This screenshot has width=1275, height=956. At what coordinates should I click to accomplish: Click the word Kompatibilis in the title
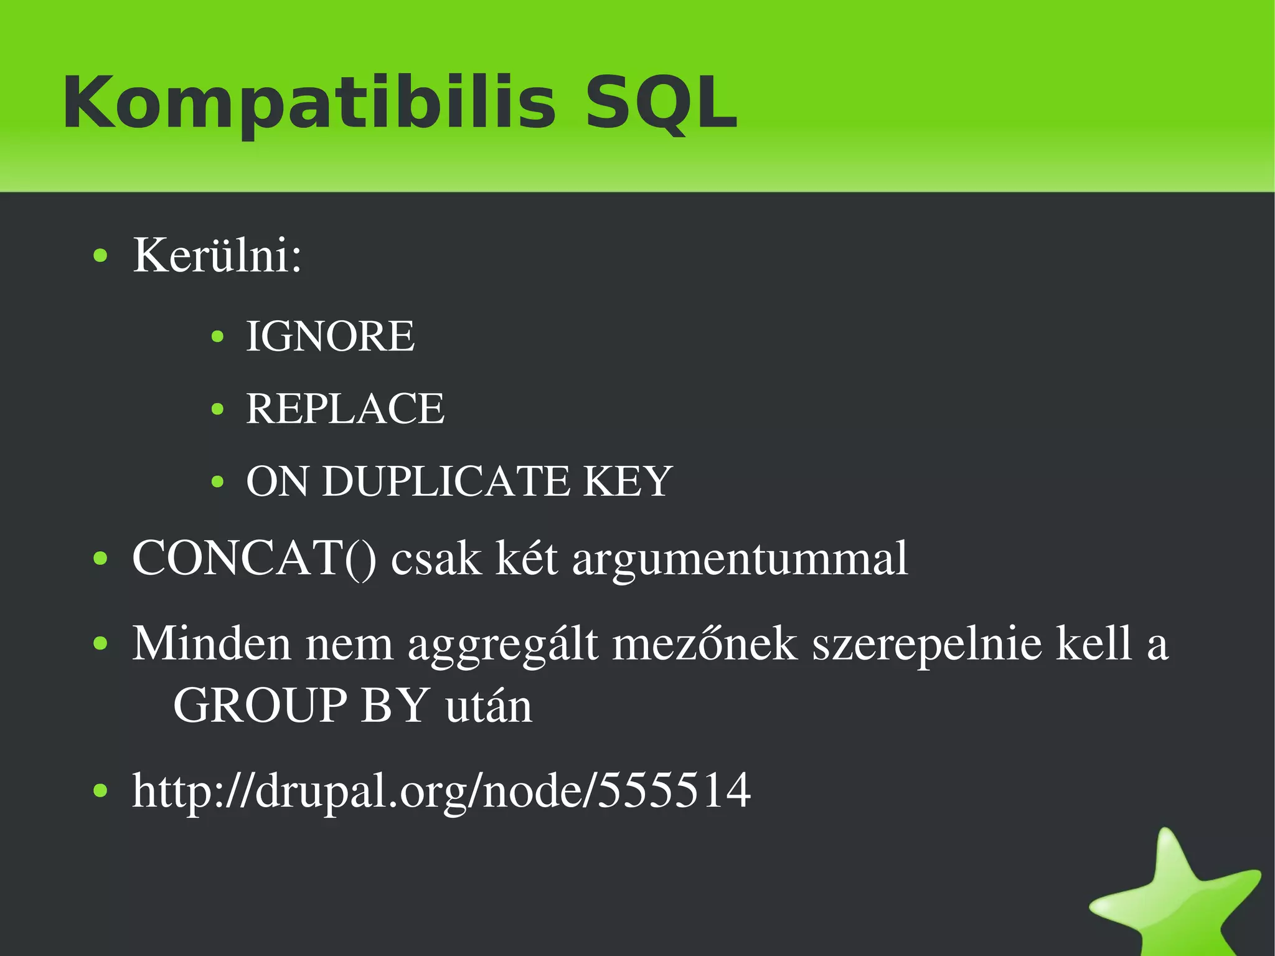309,103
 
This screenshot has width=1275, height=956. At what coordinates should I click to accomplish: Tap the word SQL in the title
661,103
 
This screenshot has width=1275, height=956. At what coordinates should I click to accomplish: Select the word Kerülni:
217,255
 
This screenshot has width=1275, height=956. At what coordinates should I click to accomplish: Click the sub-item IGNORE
330,336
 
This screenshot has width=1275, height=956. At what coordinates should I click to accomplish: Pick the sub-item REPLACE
346,409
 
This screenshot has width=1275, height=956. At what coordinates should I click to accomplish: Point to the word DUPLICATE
446,481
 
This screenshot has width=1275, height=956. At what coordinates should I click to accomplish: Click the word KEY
627,481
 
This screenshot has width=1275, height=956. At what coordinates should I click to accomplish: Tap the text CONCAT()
254,558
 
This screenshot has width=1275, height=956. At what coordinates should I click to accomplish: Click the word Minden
212,643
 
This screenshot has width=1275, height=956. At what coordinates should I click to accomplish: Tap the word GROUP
260,706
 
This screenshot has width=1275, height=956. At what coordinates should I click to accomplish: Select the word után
489,706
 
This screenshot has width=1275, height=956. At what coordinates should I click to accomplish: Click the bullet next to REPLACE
217,410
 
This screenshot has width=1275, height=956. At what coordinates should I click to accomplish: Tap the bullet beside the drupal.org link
100,791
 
